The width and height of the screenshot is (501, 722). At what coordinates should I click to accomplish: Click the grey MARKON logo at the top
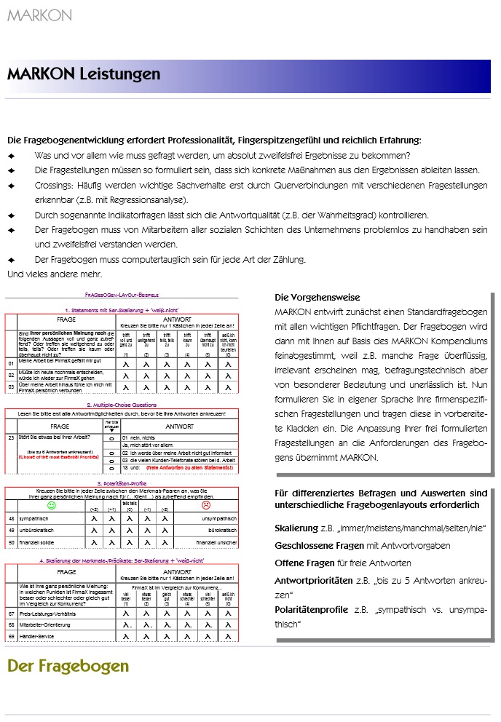pos(39,15)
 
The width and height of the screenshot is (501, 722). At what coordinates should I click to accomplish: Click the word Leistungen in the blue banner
pos(119,74)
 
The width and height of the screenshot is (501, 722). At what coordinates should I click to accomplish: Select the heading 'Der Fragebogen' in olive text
pos(68,665)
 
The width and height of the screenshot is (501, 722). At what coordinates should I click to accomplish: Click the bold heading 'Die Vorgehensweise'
pos(317,298)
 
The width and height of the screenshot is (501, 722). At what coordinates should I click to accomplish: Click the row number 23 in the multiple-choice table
pos(11,437)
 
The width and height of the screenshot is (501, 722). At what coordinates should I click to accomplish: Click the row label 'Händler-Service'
pos(39,636)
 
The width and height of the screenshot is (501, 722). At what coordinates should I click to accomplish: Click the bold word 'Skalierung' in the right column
pos(296,527)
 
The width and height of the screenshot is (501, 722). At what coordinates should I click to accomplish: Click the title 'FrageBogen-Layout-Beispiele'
pos(122,295)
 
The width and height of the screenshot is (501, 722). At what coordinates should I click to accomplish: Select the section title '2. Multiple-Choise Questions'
pos(121,404)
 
